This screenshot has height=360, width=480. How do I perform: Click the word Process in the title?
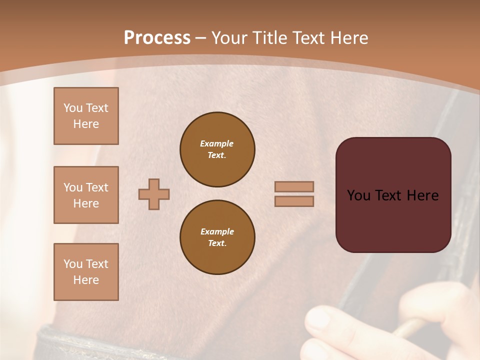(157, 38)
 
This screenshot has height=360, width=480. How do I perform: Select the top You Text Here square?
(86, 116)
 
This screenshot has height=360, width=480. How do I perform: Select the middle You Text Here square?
(86, 195)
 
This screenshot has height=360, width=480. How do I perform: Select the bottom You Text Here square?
(86, 271)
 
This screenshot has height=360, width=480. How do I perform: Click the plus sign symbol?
(154, 194)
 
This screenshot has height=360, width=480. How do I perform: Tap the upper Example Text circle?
(217, 149)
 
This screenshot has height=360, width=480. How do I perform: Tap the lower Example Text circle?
(217, 237)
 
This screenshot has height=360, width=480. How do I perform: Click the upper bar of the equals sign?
(294, 186)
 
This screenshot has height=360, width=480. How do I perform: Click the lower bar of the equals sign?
(294, 201)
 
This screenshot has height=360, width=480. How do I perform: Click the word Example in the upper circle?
(217, 143)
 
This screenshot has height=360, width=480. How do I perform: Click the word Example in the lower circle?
(217, 231)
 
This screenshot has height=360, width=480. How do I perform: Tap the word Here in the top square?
(86, 124)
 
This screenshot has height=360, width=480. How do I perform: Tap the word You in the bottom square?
(73, 264)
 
